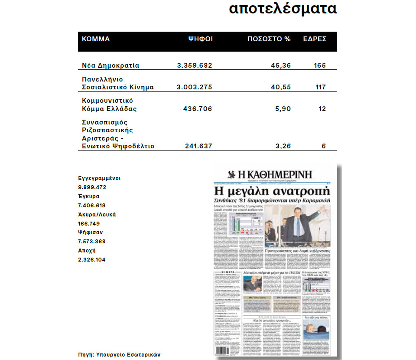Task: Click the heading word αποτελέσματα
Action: click(283, 9)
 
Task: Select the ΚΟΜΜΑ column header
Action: click(96, 39)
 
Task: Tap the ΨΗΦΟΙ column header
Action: click(200, 39)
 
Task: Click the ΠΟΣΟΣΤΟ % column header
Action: click(269, 39)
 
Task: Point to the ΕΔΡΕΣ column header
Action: click(315, 39)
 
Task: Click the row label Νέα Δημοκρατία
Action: click(110, 65)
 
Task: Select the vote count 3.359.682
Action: click(195, 65)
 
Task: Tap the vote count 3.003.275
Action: click(194, 87)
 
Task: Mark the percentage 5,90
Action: click(282, 109)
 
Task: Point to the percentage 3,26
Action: click(283, 146)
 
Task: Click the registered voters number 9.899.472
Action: click(92, 187)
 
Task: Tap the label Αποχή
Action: click(87, 251)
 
